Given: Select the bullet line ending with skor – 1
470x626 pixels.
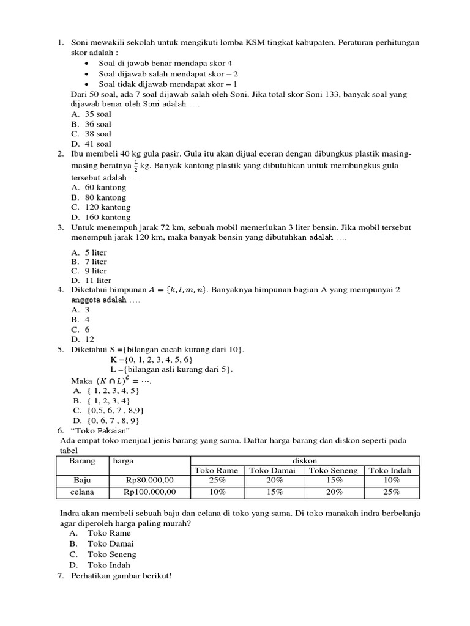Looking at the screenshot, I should (168, 84).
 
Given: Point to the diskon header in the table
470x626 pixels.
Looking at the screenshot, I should (305, 460).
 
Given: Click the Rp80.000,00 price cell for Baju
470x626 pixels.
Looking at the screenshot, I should (149, 481).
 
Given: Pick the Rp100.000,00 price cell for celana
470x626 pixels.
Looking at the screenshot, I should (149, 492).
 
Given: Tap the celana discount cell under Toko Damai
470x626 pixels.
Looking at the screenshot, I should (274, 492).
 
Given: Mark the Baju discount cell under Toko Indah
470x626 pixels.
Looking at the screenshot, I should (392, 481).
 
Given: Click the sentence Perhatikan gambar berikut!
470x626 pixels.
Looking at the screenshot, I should (122, 576).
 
